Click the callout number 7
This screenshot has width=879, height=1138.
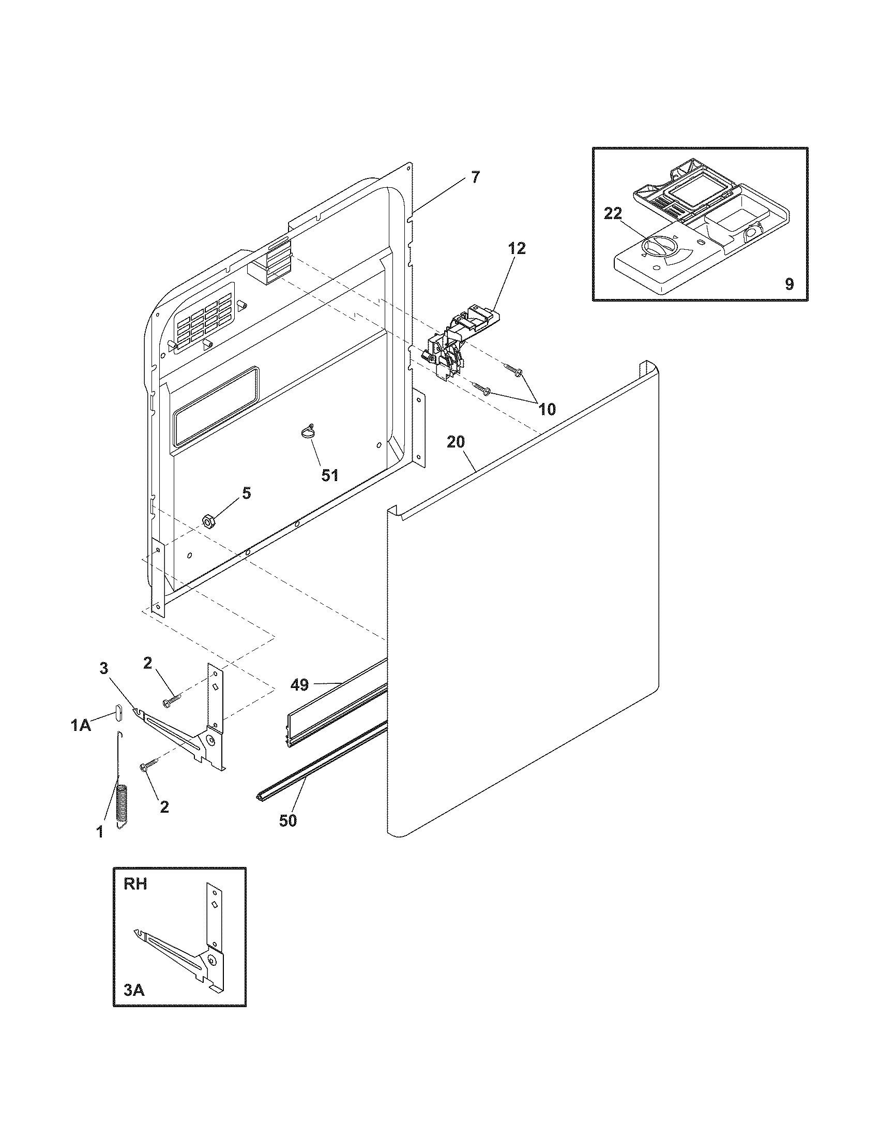click(x=475, y=177)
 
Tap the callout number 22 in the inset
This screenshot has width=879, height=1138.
click(x=613, y=214)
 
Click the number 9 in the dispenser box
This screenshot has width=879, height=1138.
click(x=789, y=284)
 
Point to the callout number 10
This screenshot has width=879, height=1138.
click(x=547, y=409)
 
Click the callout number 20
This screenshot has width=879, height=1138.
click(x=456, y=442)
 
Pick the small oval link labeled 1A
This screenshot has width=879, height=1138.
click(x=118, y=712)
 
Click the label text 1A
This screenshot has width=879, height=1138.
click(x=81, y=725)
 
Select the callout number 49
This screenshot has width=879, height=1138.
click(x=299, y=684)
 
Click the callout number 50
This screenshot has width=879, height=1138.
click(x=287, y=821)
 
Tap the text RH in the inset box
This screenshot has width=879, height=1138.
click(x=135, y=884)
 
